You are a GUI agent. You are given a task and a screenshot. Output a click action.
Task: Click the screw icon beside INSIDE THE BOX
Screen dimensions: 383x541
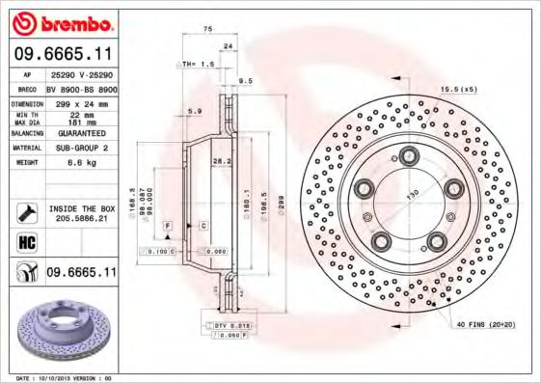26,212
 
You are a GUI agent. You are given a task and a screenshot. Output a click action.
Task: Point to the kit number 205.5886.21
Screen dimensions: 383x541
80,219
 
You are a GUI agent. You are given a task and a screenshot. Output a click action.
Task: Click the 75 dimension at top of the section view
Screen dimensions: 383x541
207,30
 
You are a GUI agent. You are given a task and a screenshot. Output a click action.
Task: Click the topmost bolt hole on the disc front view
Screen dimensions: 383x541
409,154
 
